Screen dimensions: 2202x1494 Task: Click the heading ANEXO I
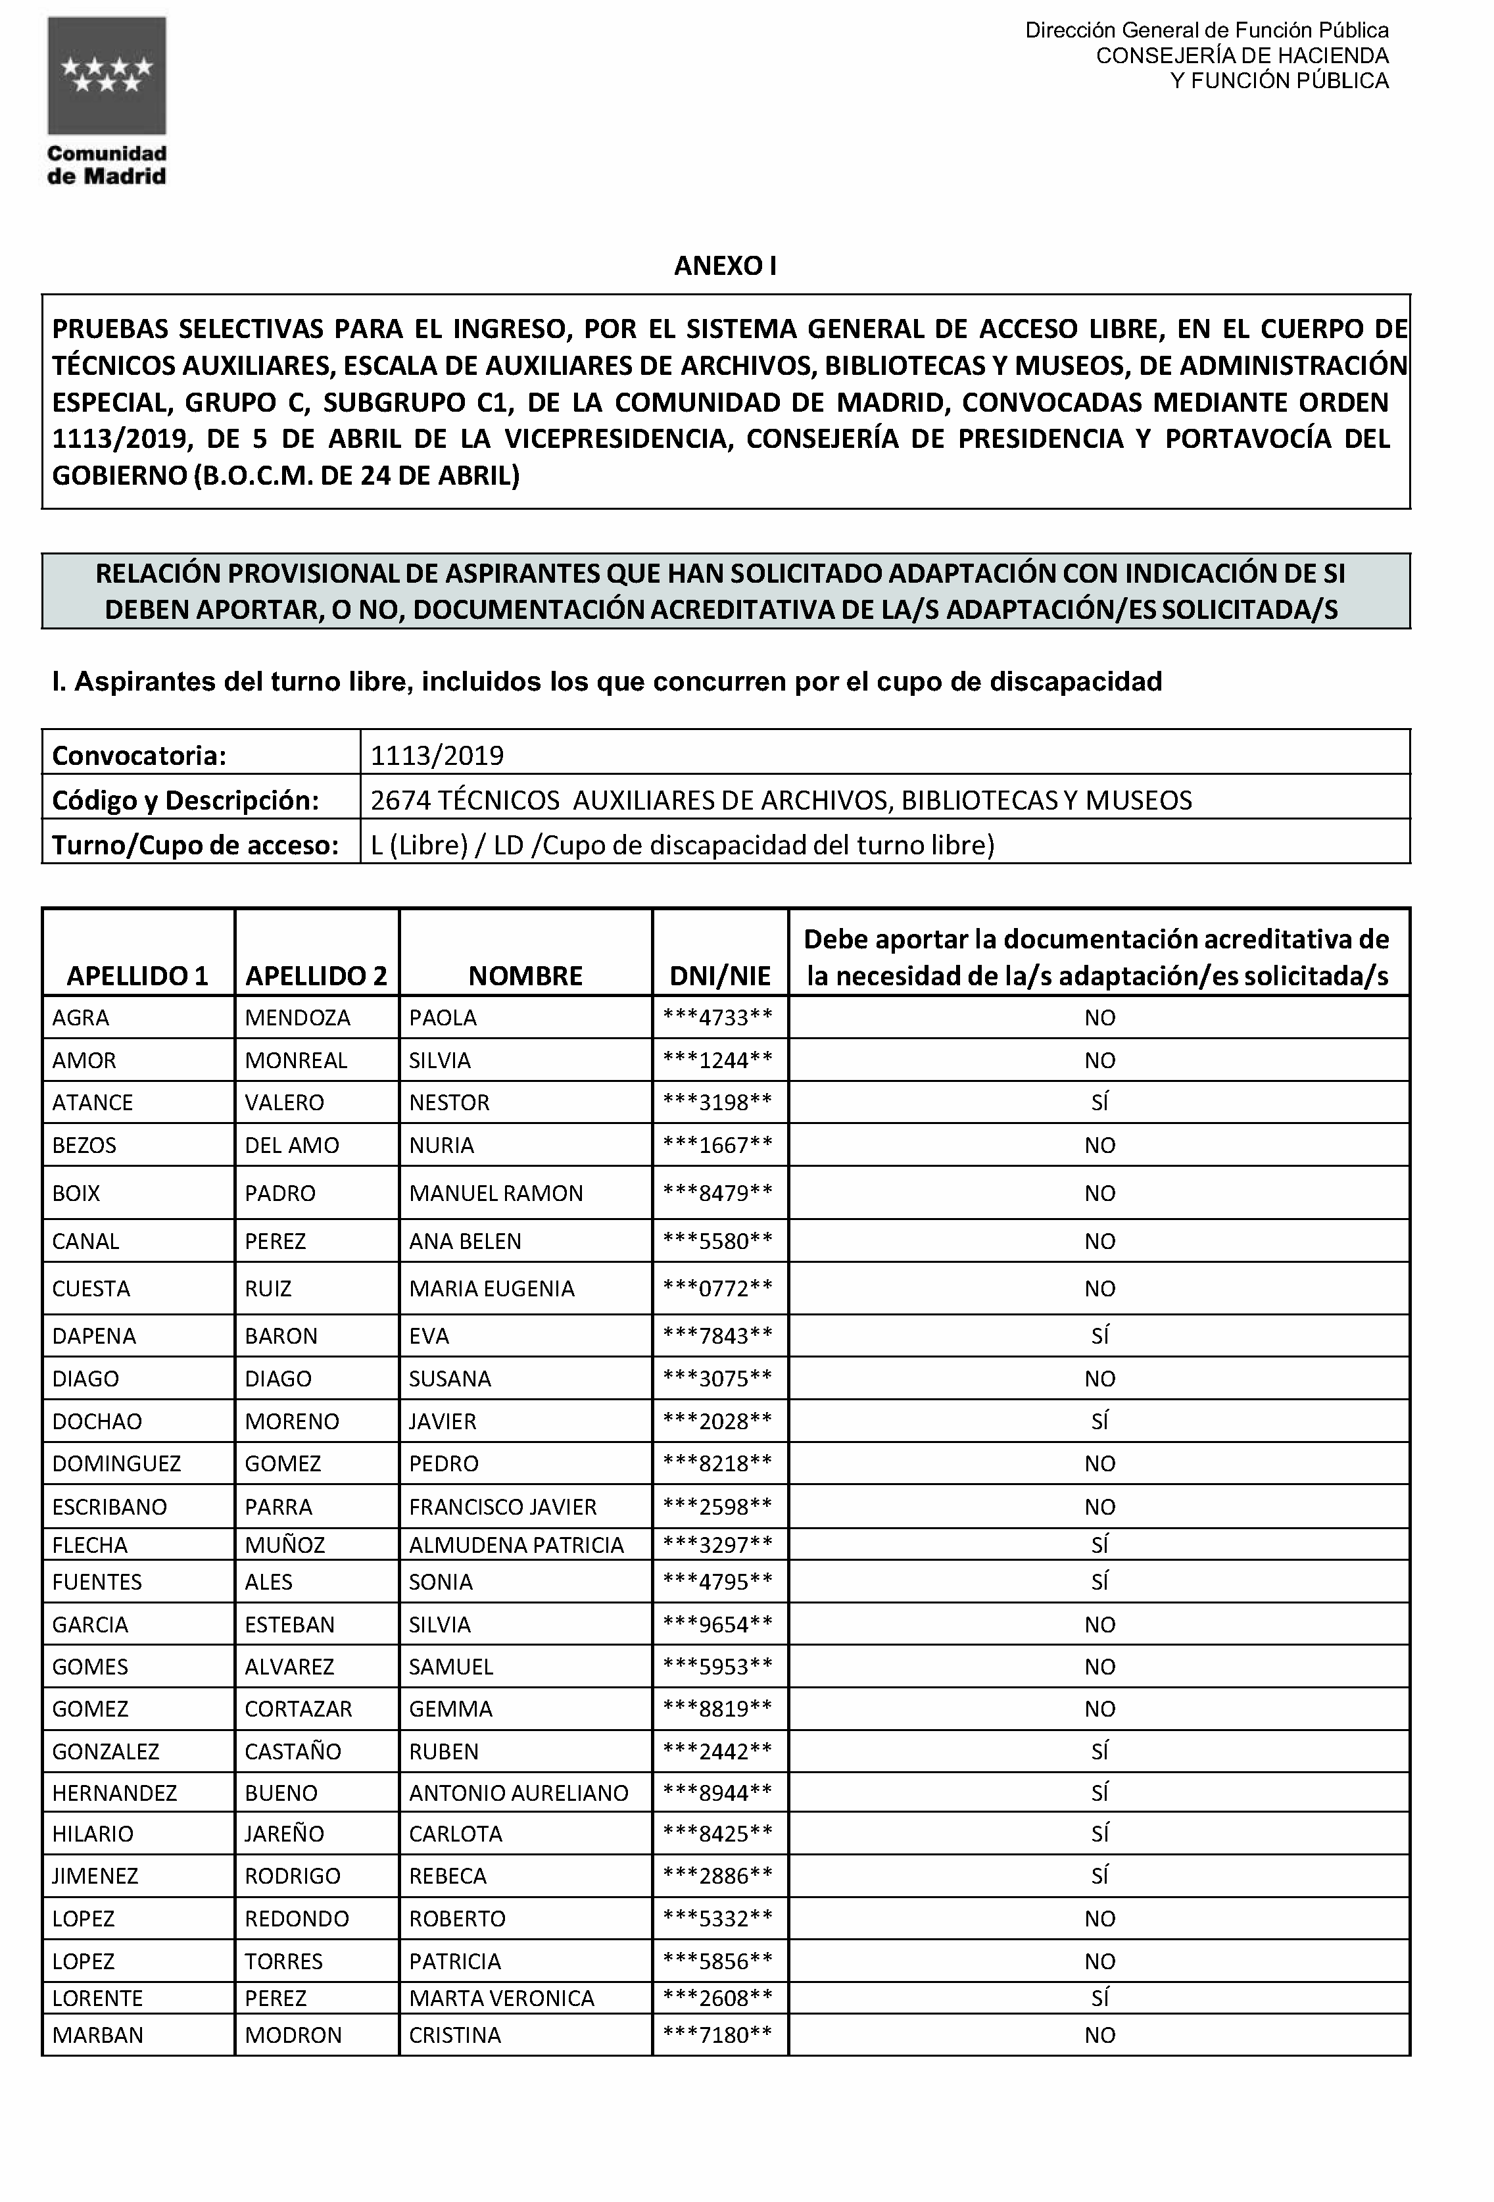725,266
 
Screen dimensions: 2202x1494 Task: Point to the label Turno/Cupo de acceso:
195,844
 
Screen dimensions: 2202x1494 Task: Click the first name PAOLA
443,1017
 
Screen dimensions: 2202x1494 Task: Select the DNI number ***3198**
718,1102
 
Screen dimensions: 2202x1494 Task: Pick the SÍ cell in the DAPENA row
1099,1335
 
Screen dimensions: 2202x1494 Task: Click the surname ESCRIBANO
109,1507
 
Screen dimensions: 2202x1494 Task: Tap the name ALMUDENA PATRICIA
516,1544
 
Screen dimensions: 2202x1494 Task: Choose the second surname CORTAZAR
299,1708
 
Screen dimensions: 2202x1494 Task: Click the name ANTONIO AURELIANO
518,1793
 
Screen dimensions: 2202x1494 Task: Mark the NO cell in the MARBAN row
1099,2034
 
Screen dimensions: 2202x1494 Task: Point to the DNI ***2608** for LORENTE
718,1997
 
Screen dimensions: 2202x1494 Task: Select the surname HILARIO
93,1834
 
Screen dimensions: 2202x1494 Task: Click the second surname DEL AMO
292,1144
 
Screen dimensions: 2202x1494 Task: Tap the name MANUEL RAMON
495,1193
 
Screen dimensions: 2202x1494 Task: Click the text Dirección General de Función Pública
1206,30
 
